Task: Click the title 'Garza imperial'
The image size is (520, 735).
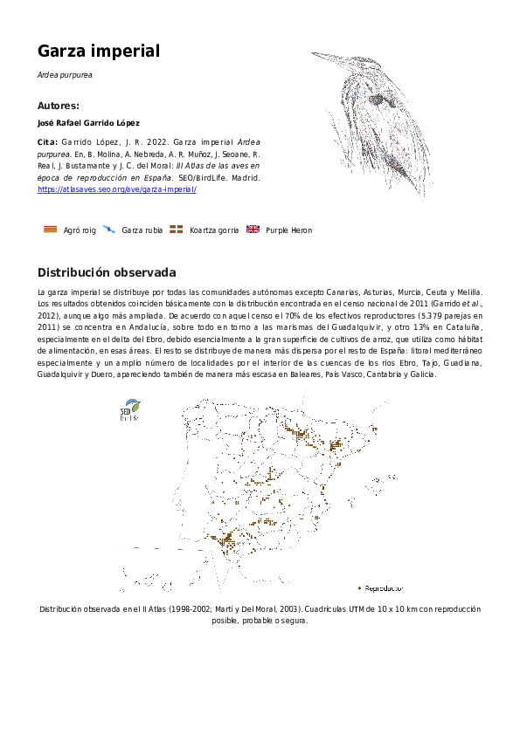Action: click(x=99, y=52)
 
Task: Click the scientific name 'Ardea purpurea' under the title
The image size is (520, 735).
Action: click(x=65, y=75)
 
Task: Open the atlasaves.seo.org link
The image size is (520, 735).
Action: click(x=117, y=189)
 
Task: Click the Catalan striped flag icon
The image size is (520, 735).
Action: click(x=51, y=230)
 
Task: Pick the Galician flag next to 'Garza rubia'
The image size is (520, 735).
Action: click(x=108, y=230)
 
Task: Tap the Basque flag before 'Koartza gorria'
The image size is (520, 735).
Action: click(x=177, y=230)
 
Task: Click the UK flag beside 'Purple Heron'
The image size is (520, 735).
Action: click(x=253, y=230)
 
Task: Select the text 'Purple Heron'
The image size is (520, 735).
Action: click(x=288, y=230)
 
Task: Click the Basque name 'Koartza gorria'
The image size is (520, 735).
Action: click(x=214, y=230)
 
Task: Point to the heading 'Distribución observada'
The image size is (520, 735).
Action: click(x=107, y=271)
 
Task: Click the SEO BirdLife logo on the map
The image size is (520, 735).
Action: click(x=129, y=409)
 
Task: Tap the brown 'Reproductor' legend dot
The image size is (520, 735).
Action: click(x=360, y=587)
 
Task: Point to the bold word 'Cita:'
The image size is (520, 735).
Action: click(x=48, y=141)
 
